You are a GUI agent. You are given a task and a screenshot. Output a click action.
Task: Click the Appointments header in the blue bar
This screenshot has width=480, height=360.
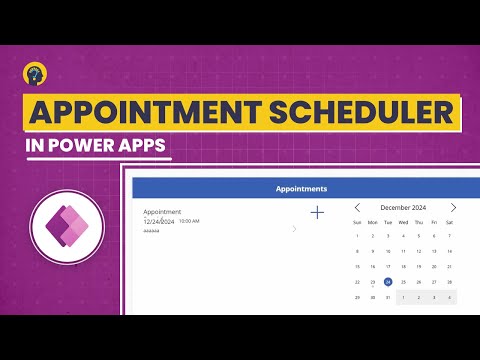point(301,188)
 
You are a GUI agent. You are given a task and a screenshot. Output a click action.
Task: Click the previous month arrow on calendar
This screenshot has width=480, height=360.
point(358,207)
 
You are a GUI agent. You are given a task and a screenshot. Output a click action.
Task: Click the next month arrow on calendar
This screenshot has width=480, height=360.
point(452,207)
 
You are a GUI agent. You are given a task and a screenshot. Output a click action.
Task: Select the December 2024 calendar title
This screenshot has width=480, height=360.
point(404,207)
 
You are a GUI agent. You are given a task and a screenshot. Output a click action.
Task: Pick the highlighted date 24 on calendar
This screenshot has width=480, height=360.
point(388,282)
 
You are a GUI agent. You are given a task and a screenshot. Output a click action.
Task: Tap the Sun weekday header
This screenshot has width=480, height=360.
point(358,221)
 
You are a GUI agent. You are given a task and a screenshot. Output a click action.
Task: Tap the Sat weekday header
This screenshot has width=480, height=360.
point(449,221)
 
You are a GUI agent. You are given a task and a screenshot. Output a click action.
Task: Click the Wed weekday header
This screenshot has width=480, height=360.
point(403,221)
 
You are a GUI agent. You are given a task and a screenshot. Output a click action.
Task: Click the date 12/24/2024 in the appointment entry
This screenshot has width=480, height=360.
point(158,221)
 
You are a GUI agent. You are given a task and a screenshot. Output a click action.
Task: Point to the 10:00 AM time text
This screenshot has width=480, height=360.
point(189,221)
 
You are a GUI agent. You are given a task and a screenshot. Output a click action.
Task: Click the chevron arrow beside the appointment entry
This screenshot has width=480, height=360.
point(294,229)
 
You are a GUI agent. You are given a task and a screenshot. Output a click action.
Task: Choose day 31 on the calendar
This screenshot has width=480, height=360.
point(388,297)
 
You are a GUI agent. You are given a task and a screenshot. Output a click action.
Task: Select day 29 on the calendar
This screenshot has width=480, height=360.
point(358,297)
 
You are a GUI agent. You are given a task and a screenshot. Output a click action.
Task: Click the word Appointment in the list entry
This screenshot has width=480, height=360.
point(162,212)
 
